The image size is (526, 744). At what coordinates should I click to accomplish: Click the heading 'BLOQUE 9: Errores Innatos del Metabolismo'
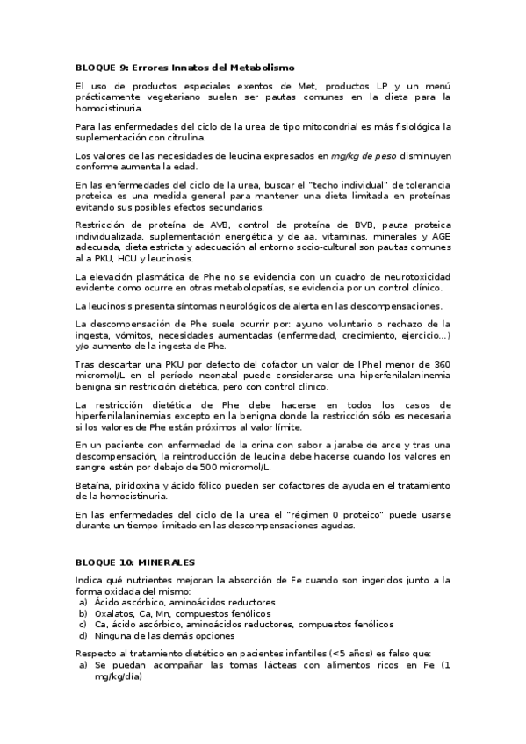[x=184, y=68]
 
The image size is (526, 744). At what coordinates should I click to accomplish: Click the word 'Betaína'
[x=93, y=485]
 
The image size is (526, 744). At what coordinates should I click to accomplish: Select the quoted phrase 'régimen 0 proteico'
[x=328, y=514]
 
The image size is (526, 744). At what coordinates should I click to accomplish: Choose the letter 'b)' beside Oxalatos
[x=83, y=613]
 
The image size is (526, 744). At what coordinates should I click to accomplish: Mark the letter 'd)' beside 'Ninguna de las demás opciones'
[x=83, y=635]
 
